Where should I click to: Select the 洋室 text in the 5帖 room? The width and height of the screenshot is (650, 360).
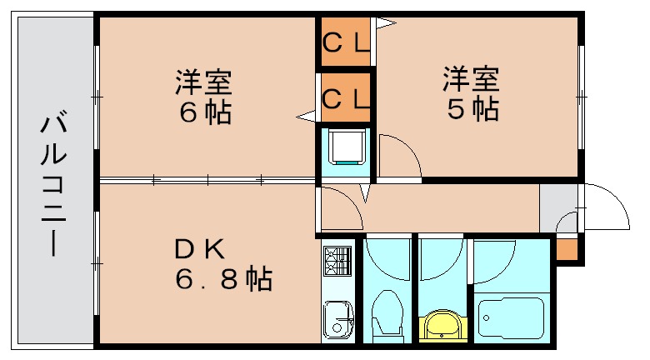(471, 80)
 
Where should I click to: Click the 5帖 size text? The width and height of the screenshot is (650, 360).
(471, 109)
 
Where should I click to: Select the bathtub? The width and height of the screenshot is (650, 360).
(512, 317)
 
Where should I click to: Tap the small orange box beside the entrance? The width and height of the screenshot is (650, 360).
(566, 249)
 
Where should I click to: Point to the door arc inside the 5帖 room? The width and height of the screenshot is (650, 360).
(397, 156)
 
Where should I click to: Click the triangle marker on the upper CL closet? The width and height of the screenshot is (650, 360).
(384, 23)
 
